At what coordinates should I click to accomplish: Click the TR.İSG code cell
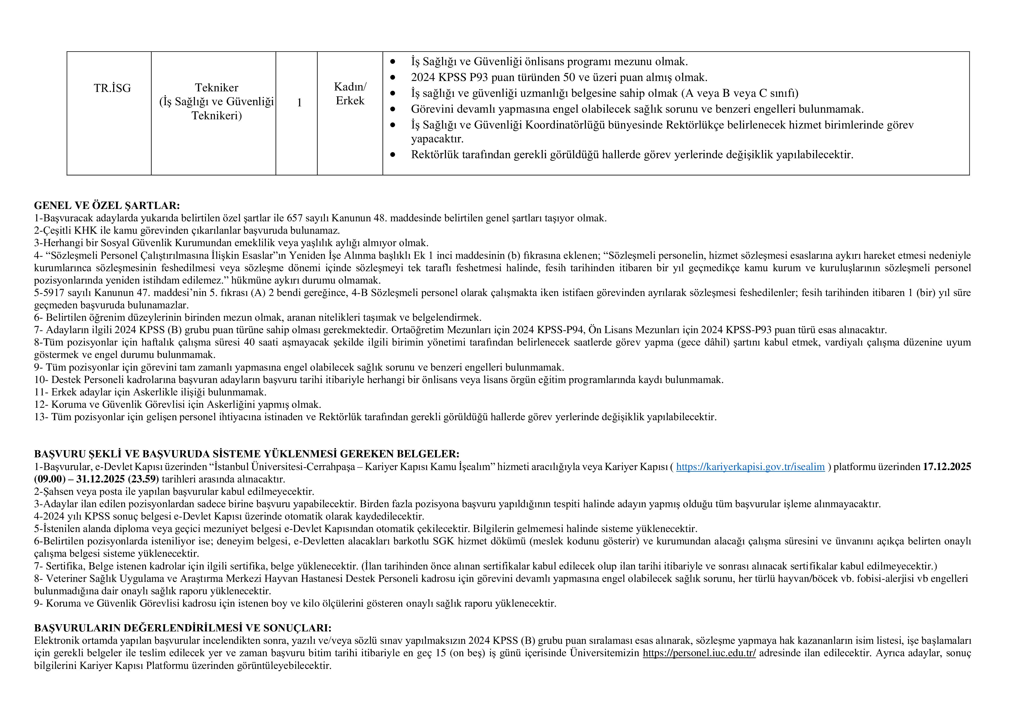pyautogui.click(x=112, y=88)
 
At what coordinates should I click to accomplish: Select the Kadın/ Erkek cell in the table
pyautogui.click(x=350, y=94)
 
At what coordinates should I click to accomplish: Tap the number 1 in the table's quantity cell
pyautogui.click(x=299, y=103)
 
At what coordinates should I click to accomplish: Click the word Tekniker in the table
pyautogui.click(x=217, y=88)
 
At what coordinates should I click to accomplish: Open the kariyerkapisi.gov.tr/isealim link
pyautogui.click(x=750, y=467)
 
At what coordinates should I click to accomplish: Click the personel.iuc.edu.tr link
pyautogui.click(x=699, y=653)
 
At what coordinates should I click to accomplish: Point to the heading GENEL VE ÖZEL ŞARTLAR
pyautogui.click(x=107, y=205)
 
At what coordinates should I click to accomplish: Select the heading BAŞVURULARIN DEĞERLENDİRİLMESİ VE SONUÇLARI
pyautogui.click(x=183, y=628)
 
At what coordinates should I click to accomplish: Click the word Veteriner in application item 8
pyautogui.click(x=66, y=578)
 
